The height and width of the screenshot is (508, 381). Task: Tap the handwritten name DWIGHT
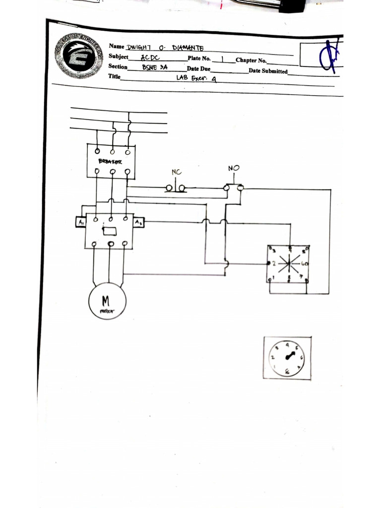click(141, 48)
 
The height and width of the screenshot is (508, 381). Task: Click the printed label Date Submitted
click(268, 71)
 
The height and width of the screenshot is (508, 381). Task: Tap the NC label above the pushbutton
click(177, 173)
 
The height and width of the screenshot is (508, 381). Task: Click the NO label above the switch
click(233, 169)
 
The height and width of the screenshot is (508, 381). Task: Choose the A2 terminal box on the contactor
click(138, 223)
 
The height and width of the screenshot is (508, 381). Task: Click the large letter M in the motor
click(106, 301)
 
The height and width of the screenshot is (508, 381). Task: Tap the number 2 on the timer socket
click(274, 263)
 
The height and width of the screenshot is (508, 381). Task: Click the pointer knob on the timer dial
click(288, 356)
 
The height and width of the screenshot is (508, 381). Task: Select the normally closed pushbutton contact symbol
click(176, 188)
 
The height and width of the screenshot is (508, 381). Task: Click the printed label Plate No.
click(199, 59)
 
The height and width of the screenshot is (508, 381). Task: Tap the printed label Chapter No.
click(251, 61)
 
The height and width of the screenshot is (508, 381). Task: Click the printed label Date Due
click(198, 69)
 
